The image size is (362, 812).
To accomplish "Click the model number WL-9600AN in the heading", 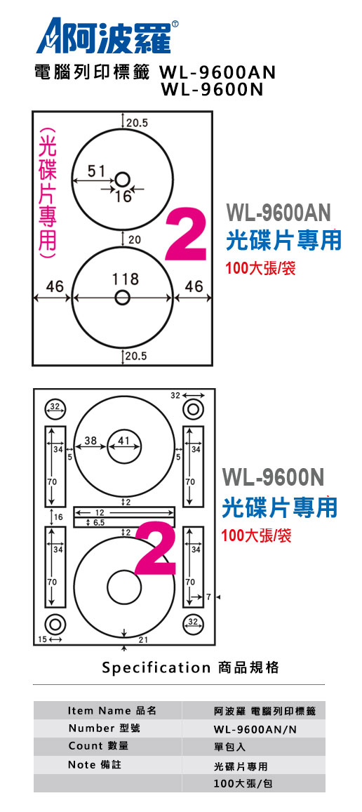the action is point(218,72).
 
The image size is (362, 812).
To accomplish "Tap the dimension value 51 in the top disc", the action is point(96,171).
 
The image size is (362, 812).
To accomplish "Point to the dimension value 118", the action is point(126,279).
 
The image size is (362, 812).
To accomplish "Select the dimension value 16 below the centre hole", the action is point(123,197).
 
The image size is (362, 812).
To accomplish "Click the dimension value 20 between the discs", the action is point(135,240).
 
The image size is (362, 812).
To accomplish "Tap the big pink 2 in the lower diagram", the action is point(156,548).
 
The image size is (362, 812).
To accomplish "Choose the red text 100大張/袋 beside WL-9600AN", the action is point(260,269).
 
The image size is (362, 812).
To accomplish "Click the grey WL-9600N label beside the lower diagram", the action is point(273,477).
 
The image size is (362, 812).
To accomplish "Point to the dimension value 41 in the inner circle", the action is point(123,441).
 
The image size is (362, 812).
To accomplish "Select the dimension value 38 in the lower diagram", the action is point(90,441).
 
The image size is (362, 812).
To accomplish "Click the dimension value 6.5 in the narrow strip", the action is point(100,523).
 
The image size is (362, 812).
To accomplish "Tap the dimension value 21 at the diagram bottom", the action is point(143,640).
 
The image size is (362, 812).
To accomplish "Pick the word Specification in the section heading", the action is point(156,667).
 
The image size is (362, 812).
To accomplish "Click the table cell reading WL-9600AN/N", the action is point(255,729).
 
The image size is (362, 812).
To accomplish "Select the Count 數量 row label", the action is point(98,746).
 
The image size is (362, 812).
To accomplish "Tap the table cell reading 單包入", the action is point(229,747).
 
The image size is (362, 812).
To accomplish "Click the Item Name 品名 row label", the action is point(112,710).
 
